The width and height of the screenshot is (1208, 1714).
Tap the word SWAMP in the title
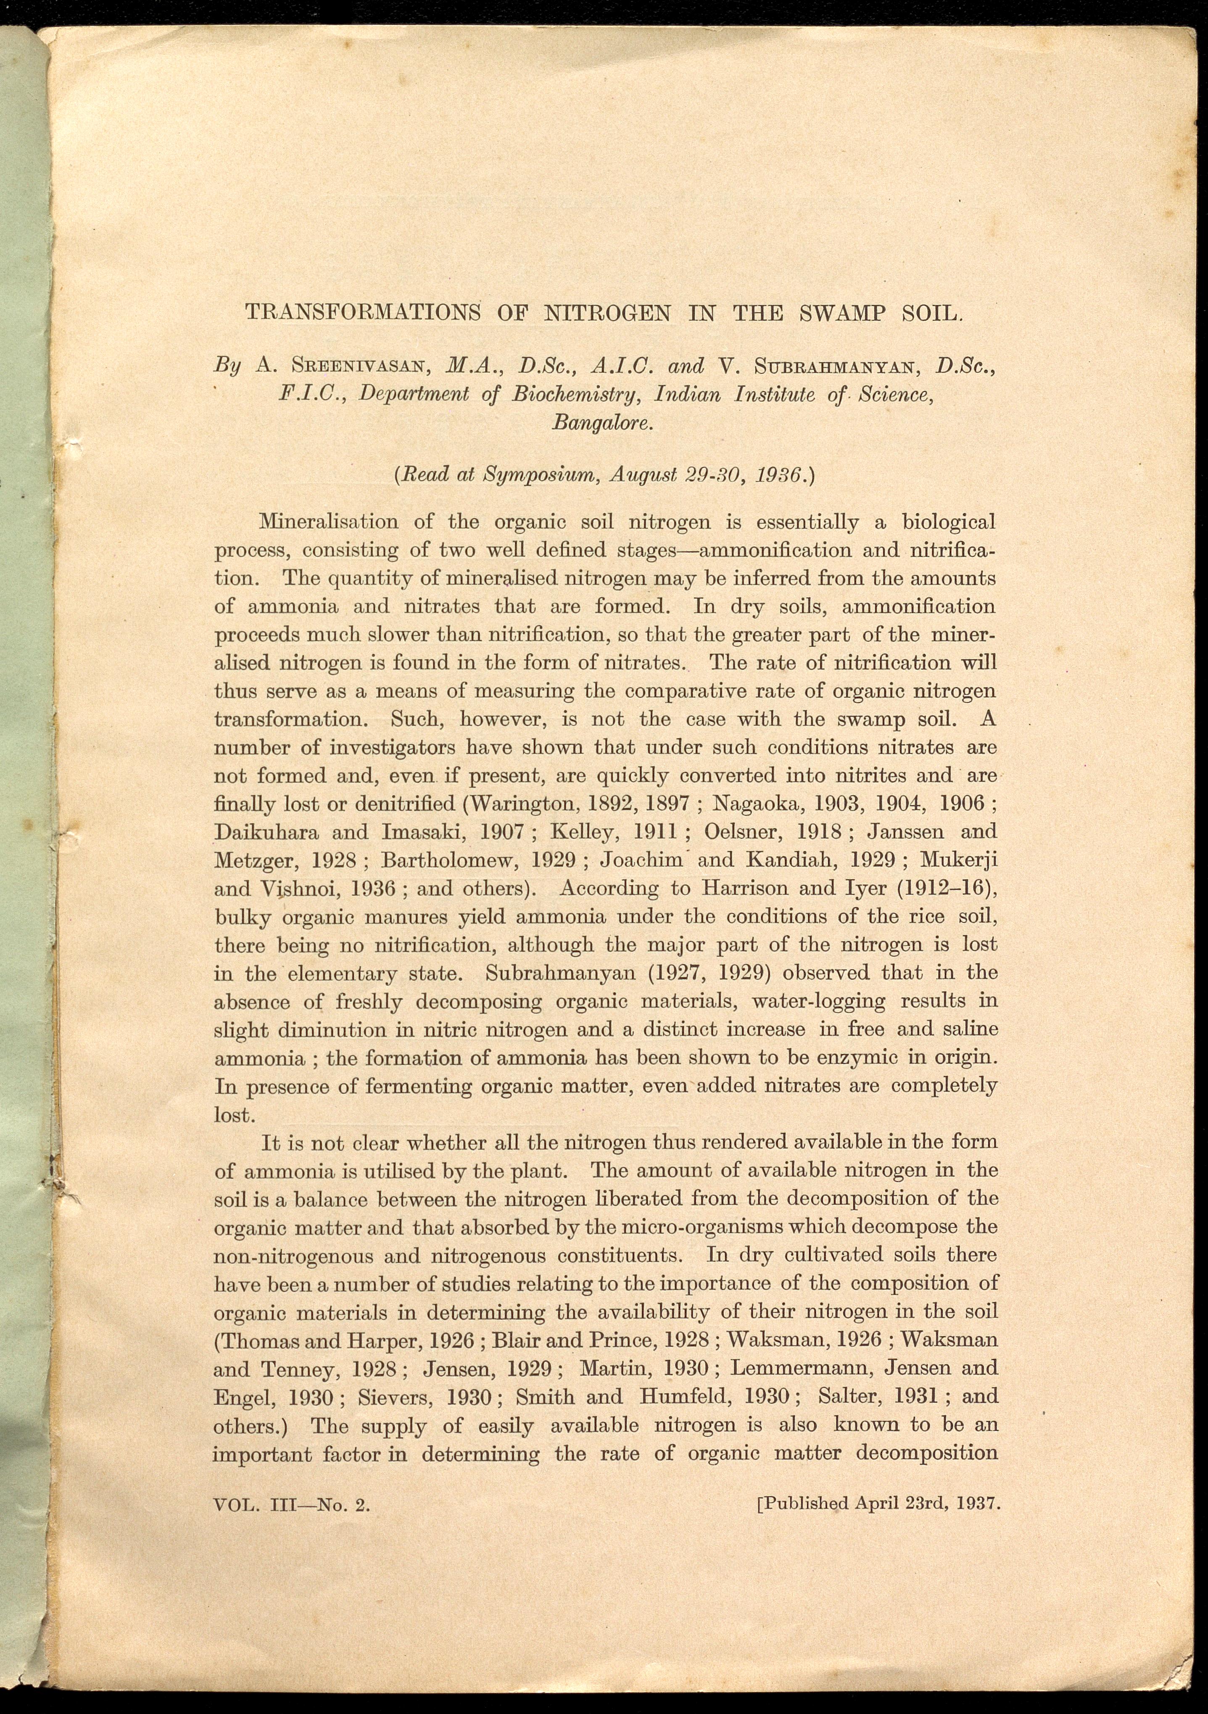click(841, 313)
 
